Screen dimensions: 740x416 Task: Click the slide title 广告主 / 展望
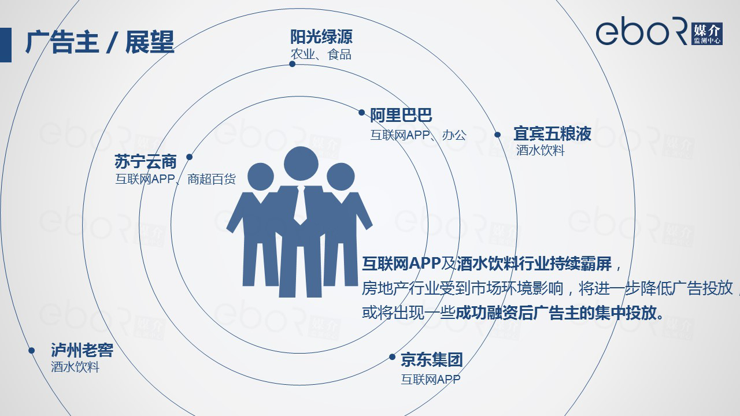pyautogui.click(x=100, y=42)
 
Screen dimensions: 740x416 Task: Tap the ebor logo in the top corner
pyautogui.click(x=659, y=31)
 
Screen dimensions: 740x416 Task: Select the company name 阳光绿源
pyautogui.click(x=321, y=36)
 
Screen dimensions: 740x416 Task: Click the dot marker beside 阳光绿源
pyautogui.click(x=292, y=64)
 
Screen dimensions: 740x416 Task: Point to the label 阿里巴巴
pyautogui.click(x=401, y=115)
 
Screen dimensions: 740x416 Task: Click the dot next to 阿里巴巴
pyautogui.click(x=362, y=113)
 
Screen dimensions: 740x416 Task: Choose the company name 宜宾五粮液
pyautogui.click(x=552, y=133)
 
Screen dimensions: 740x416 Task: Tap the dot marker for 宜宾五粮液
pyautogui.click(x=498, y=135)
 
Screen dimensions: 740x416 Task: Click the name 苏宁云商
pyautogui.click(x=146, y=161)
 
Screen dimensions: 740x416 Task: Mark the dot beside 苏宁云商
pyautogui.click(x=189, y=157)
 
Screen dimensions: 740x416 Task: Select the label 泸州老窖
pyautogui.click(x=82, y=350)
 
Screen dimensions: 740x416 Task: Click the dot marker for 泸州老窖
pyautogui.click(x=31, y=350)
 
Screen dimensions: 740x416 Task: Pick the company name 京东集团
pyautogui.click(x=432, y=359)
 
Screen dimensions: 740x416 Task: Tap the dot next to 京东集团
pyautogui.click(x=392, y=356)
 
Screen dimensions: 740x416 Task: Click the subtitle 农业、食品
pyautogui.click(x=321, y=54)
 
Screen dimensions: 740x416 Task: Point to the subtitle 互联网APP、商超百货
pyautogui.click(x=175, y=179)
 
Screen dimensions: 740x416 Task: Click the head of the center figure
pyautogui.click(x=301, y=164)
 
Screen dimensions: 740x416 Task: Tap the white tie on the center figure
pyautogui.click(x=301, y=205)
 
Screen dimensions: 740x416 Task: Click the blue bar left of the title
pyautogui.click(x=6, y=45)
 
